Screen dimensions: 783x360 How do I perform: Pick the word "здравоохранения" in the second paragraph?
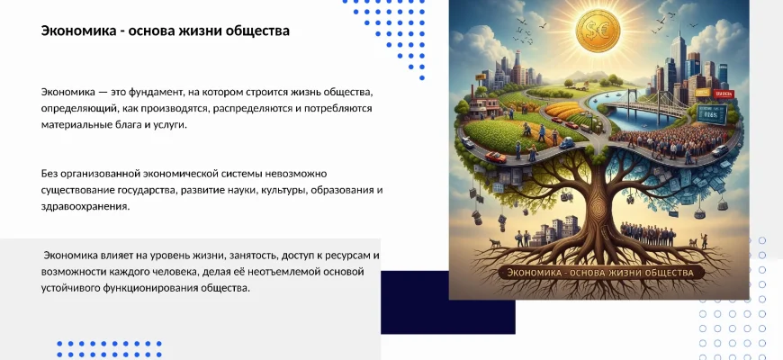[x=85, y=207]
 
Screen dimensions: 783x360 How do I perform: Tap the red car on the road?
[x=496, y=157]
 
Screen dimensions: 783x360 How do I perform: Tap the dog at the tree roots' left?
[x=495, y=243]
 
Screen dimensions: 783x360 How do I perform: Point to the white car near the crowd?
[x=720, y=149]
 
